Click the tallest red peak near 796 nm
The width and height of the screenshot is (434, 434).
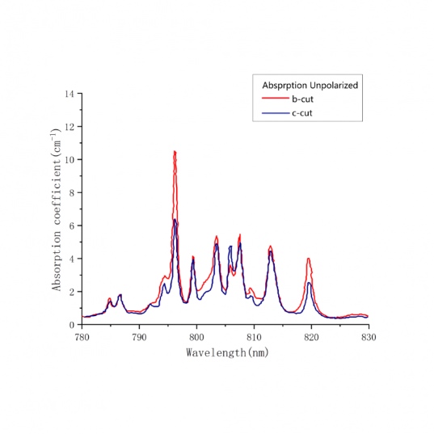pyautogui.click(x=175, y=152)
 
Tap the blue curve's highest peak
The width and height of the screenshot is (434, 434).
pyautogui.click(x=175, y=220)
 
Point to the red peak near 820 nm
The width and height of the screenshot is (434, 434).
pyautogui.click(x=309, y=259)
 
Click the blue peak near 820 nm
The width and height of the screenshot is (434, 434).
pyautogui.click(x=310, y=283)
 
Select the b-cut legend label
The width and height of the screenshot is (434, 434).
pyautogui.click(x=302, y=99)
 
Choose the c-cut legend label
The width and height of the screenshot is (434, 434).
pyautogui.click(x=302, y=113)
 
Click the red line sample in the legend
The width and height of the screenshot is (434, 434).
pyautogui.click(x=275, y=98)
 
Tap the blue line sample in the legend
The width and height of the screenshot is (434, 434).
pyautogui.click(x=275, y=113)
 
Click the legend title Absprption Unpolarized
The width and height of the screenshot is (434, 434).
pyautogui.click(x=310, y=86)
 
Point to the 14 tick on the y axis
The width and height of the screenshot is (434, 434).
pyautogui.click(x=70, y=94)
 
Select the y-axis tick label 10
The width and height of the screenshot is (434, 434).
pyautogui.click(x=70, y=160)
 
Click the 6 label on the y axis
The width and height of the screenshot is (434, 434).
pyautogui.click(x=72, y=225)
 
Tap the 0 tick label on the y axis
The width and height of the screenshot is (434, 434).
pyautogui.click(x=72, y=325)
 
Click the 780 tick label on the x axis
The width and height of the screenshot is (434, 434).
pyautogui.click(x=82, y=337)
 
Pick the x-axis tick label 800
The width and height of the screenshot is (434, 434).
pyautogui.click(x=196, y=337)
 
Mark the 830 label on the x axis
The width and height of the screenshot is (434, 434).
pyautogui.click(x=369, y=337)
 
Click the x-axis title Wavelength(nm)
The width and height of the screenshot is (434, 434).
pyautogui.click(x=228, y=353)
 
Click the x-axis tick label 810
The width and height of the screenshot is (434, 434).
pyautogui.click(x=254, y=337)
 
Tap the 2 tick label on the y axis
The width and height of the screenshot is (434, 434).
pyautogui.click(x=72, y=292)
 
